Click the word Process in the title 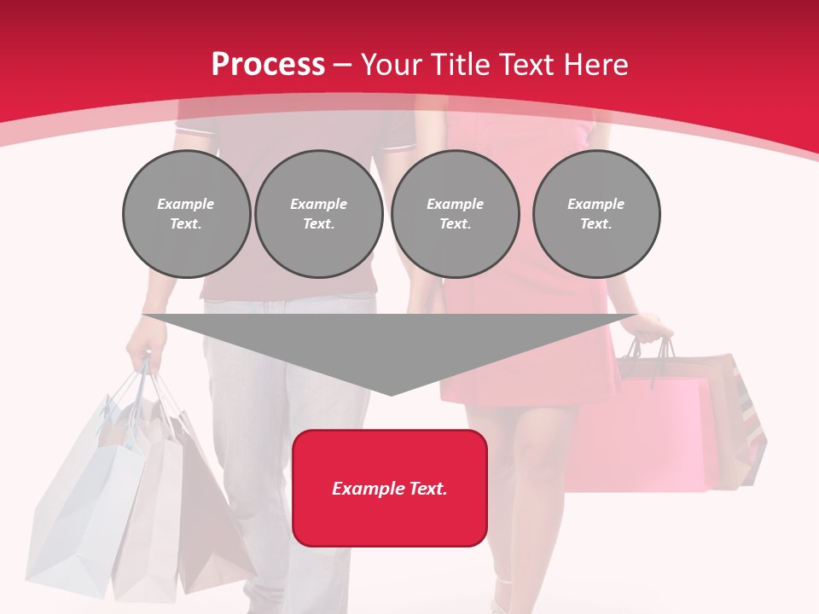268,65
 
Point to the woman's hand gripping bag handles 653,328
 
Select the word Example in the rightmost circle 595,204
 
